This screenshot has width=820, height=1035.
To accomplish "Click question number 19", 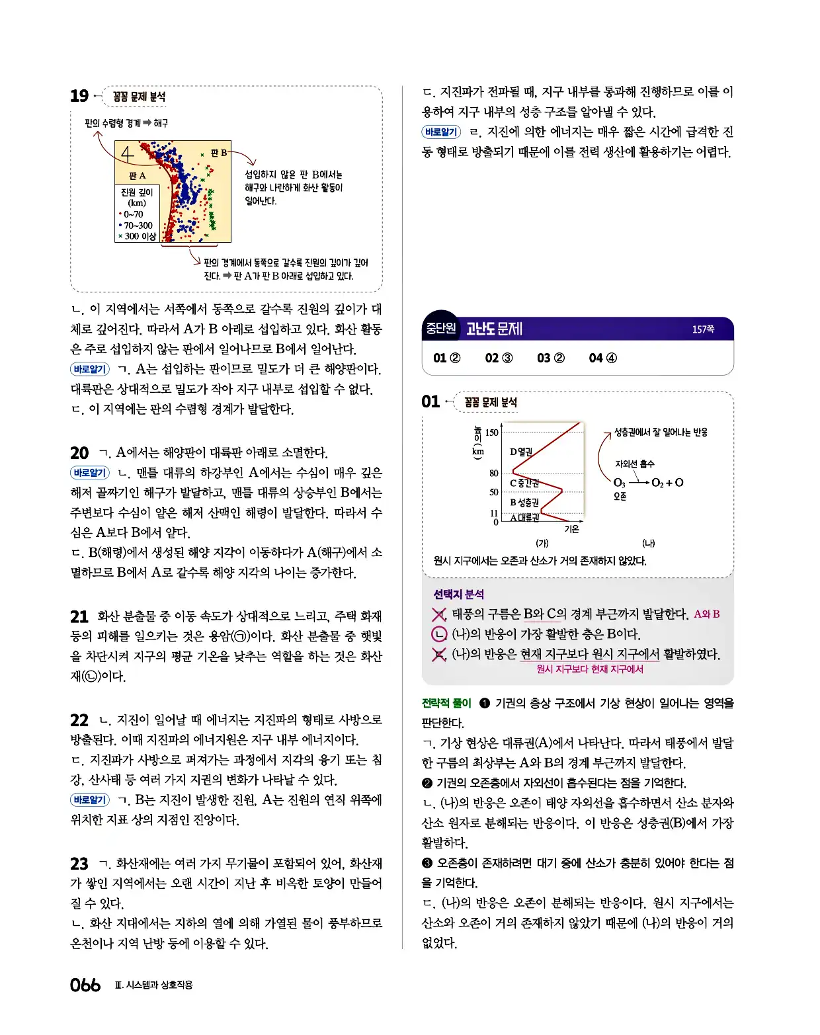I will tap(79, 97).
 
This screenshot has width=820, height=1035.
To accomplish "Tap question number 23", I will tap(79, 864).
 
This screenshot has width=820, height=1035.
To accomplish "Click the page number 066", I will tap(85, 985).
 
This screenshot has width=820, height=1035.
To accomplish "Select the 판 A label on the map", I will tap(137, 176).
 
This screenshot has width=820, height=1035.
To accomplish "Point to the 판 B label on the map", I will tap(219, 153).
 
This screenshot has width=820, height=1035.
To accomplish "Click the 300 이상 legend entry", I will tap(140, 236).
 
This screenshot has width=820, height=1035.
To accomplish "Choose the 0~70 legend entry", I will tap(133, 214).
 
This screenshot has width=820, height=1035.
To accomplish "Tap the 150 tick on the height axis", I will tap(491, 433).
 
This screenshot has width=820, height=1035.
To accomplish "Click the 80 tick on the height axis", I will tap(493, 473).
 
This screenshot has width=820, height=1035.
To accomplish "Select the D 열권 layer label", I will tap(521, 452).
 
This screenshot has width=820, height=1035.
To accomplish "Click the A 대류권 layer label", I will tap(524, 518).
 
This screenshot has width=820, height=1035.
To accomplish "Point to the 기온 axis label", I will tap(571, 529).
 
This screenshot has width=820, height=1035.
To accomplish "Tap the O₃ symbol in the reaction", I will tap(619, 483).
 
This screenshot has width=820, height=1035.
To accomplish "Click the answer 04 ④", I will tap(602, 358).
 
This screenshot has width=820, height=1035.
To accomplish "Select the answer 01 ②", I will tap(446, 358).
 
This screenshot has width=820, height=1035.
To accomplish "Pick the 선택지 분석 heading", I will tap(458, 594).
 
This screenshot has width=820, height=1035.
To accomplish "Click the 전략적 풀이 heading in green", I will tap(446, 703).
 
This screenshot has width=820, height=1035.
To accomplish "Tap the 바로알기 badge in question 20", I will tap(89, 473).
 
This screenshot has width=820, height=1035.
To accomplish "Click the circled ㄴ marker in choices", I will tap(438, 634).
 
